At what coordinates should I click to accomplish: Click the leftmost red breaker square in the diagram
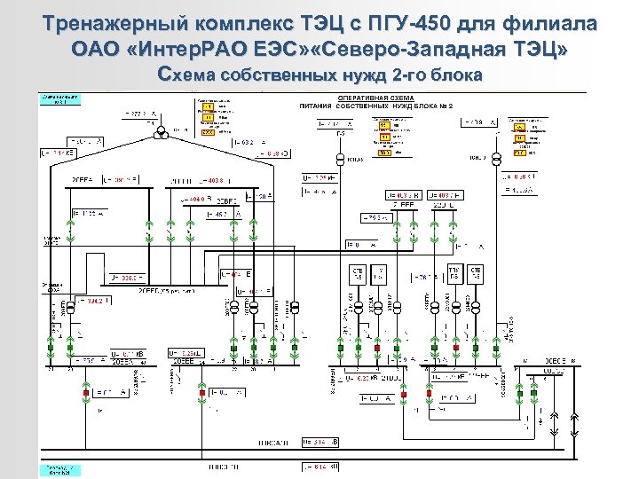(86, 390)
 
